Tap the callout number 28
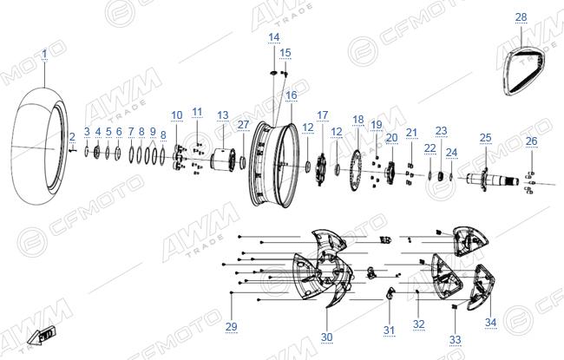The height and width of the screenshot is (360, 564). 521,16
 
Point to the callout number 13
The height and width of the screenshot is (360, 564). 223,115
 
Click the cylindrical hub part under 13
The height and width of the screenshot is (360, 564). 223,160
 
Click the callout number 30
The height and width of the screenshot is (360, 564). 326,337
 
